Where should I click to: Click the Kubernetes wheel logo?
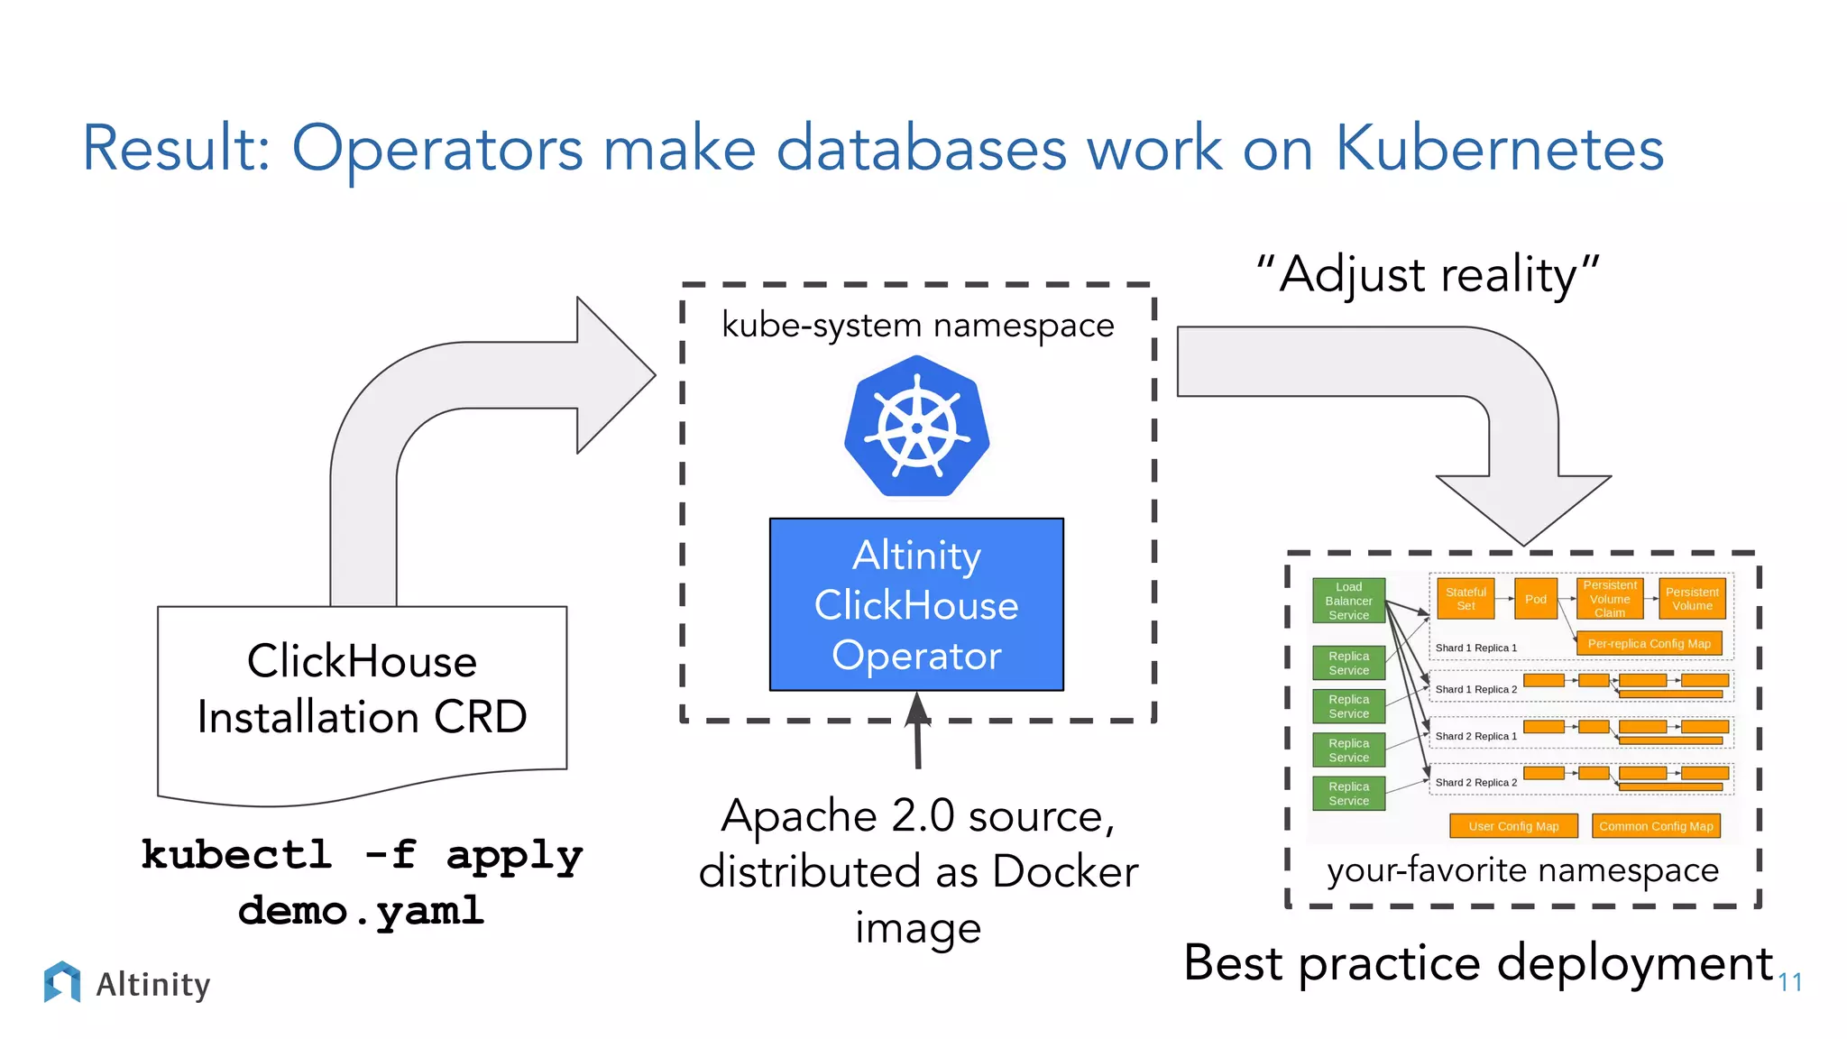pos(916,427)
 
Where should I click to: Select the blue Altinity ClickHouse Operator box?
pos(916,604)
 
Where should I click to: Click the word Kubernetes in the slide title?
pos(1498,149)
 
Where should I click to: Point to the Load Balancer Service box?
pos(1348,601)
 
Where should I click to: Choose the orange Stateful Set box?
pos(1466,599)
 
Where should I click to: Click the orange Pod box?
pos(1535,599)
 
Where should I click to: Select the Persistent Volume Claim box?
pos(1610,599)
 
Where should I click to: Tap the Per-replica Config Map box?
pos(1649,644)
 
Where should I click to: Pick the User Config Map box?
pos(1513,826)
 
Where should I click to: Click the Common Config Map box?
pos(1656,826)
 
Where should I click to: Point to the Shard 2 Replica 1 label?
pos(1475,736)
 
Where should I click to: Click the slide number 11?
pos(1789,982)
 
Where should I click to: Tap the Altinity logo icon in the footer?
pos(61,981)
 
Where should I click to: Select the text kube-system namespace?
pos(917,325)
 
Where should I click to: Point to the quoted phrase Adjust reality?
pos(1428,275)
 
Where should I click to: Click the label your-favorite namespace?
pos(1522,870)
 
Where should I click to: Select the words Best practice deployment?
pos(1478,963)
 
